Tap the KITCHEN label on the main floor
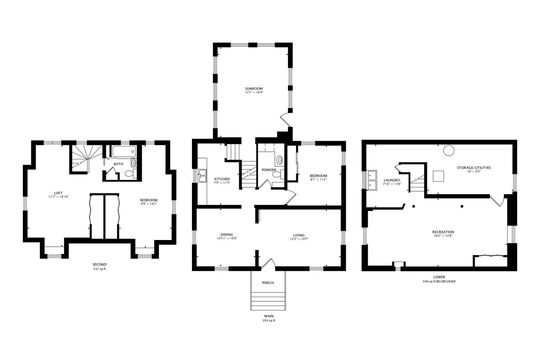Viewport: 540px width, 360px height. [x=222, y=180]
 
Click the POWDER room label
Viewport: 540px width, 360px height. [x=267, y=169]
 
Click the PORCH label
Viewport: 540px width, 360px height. [x=267, y=281]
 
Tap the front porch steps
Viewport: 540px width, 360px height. [x=267, y=297]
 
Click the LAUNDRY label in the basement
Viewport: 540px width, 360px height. [x=392, y=181]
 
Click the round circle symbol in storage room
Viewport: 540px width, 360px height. [x=449, y=152]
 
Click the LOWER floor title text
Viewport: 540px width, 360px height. [x=440, y=277]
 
